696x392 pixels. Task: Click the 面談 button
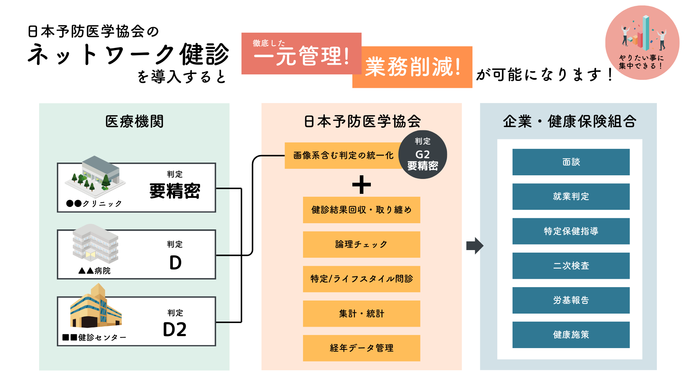[571, 162]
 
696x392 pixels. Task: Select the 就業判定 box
[571, 196]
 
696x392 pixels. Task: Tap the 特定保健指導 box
[571, 231]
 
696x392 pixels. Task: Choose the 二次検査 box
[571, 266]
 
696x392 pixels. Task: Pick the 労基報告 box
[571, 300]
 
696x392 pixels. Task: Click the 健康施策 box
[571, 335]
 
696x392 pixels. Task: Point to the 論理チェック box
[361, 244]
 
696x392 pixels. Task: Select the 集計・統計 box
[361, 314]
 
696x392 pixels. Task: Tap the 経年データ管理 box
[361, 348]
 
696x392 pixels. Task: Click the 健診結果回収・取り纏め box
[361, 210]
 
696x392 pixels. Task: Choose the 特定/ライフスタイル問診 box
[361, 279]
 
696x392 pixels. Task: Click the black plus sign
[361, 185]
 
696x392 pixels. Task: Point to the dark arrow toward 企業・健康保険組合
[475, 246]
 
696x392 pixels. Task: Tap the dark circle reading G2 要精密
[423, 155]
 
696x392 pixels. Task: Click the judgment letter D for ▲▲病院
[175, 262]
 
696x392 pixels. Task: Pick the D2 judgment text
[175, 330]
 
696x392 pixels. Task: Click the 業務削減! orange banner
[413, 67]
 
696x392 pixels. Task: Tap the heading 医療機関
[134, 121]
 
